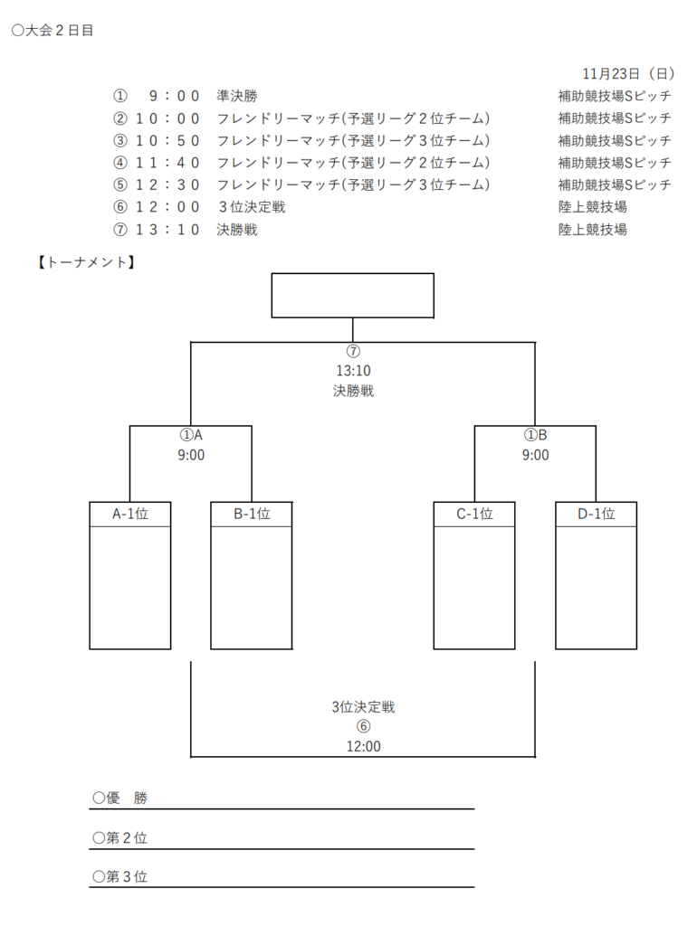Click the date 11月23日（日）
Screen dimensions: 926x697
coord(627,73)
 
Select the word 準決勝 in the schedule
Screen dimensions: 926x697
coord(237,96)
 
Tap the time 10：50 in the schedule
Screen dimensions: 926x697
coord(167,140)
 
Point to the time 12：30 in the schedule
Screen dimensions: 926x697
coord(167,184)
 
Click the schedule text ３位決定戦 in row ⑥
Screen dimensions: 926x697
coord(252,207)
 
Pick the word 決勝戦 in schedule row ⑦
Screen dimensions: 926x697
coord(237,230)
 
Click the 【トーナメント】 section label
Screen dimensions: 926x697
coord(86,263)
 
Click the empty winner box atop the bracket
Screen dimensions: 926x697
coord(352,296)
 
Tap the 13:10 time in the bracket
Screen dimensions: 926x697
coord(353,370)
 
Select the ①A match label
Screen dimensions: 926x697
coord(191,435)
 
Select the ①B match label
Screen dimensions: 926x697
coord(535,435)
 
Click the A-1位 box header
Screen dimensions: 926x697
coord(130,514)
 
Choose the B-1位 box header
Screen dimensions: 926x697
coord(252,514)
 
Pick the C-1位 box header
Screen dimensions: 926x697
coord(474,514)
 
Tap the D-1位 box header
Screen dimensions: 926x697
coord(597,514)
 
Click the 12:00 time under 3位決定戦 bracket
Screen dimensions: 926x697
coord(363,747)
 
